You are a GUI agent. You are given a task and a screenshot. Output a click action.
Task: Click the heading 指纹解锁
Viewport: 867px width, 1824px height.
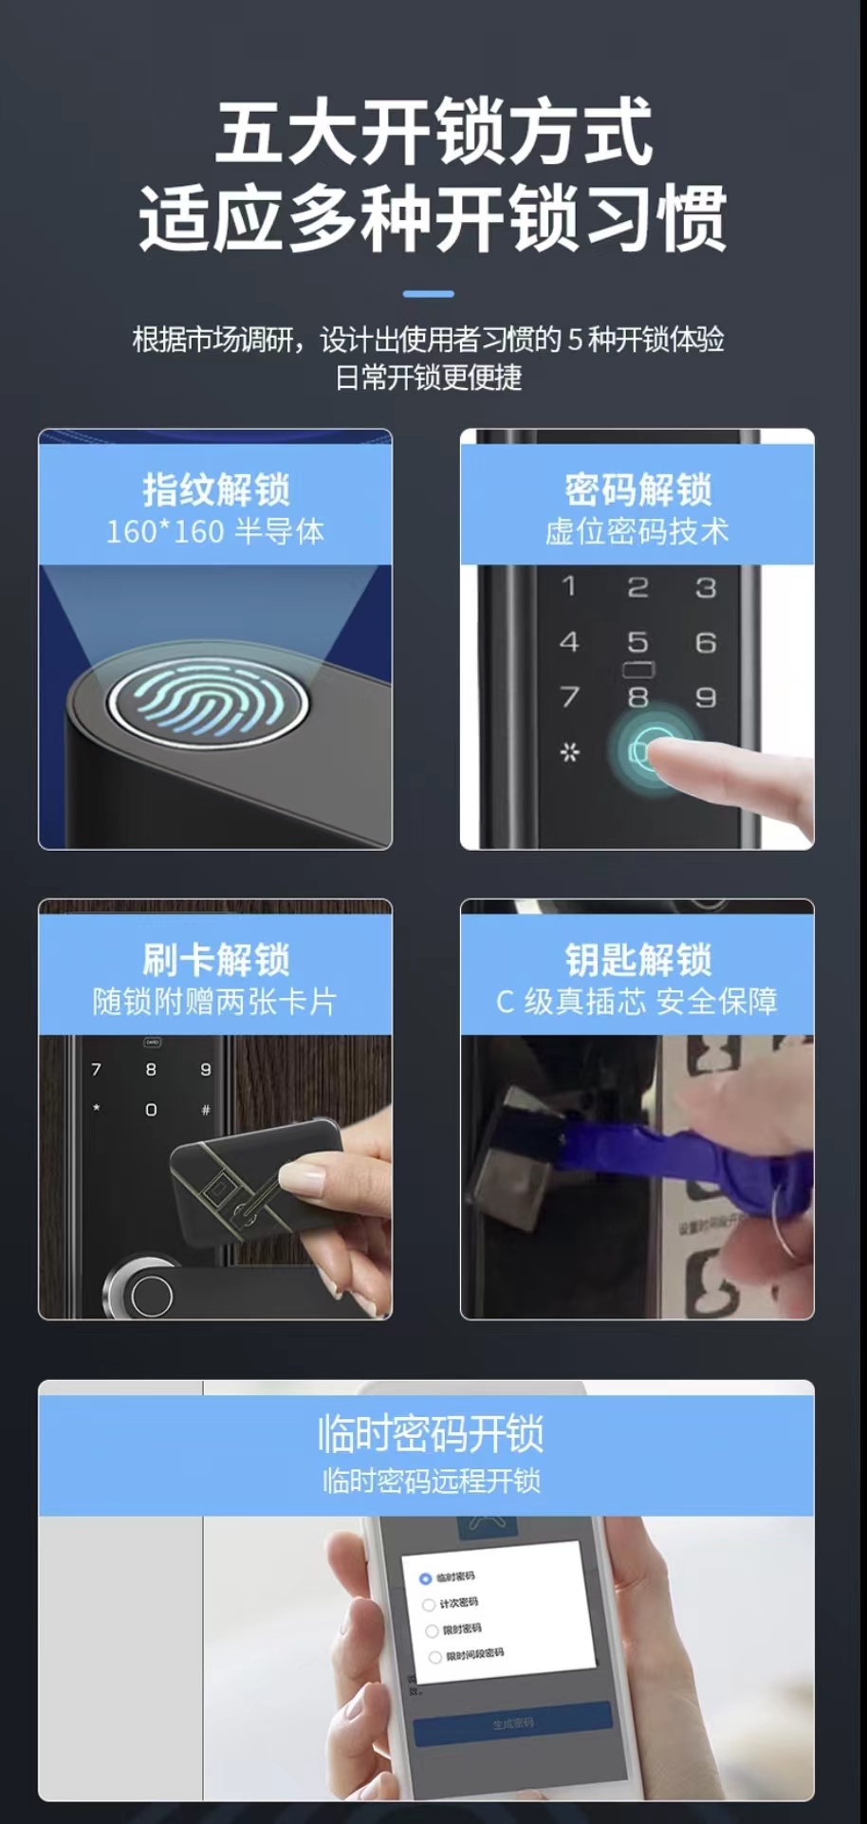215,489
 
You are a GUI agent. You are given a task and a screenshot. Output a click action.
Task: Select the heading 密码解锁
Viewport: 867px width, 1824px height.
637,489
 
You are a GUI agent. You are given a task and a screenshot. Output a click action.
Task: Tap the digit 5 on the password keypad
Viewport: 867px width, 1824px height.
637,642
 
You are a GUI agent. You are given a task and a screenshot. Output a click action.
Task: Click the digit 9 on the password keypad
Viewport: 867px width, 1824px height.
706,697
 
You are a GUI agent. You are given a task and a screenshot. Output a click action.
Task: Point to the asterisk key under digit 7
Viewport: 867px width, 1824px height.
569,752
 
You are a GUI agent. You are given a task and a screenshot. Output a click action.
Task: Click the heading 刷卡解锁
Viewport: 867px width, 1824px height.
215,959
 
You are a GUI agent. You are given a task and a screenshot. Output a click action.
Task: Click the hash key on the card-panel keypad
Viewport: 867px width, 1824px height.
206,1109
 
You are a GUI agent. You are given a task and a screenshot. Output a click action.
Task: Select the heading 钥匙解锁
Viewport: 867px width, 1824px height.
637,959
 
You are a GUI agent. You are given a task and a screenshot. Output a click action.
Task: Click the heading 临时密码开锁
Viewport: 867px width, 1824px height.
430,1433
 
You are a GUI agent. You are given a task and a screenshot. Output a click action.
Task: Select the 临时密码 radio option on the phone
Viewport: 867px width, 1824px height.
426,1578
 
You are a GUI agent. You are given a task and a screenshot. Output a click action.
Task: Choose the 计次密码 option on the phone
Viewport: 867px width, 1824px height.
429,1604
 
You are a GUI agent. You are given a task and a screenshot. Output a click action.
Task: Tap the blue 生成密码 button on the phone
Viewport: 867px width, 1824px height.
512,1723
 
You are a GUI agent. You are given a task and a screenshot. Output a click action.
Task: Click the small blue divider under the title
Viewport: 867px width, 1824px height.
428,293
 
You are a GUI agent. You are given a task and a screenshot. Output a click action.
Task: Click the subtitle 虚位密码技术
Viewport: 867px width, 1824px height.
637,531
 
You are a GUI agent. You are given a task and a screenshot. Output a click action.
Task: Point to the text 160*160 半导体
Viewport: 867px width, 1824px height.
215,531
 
